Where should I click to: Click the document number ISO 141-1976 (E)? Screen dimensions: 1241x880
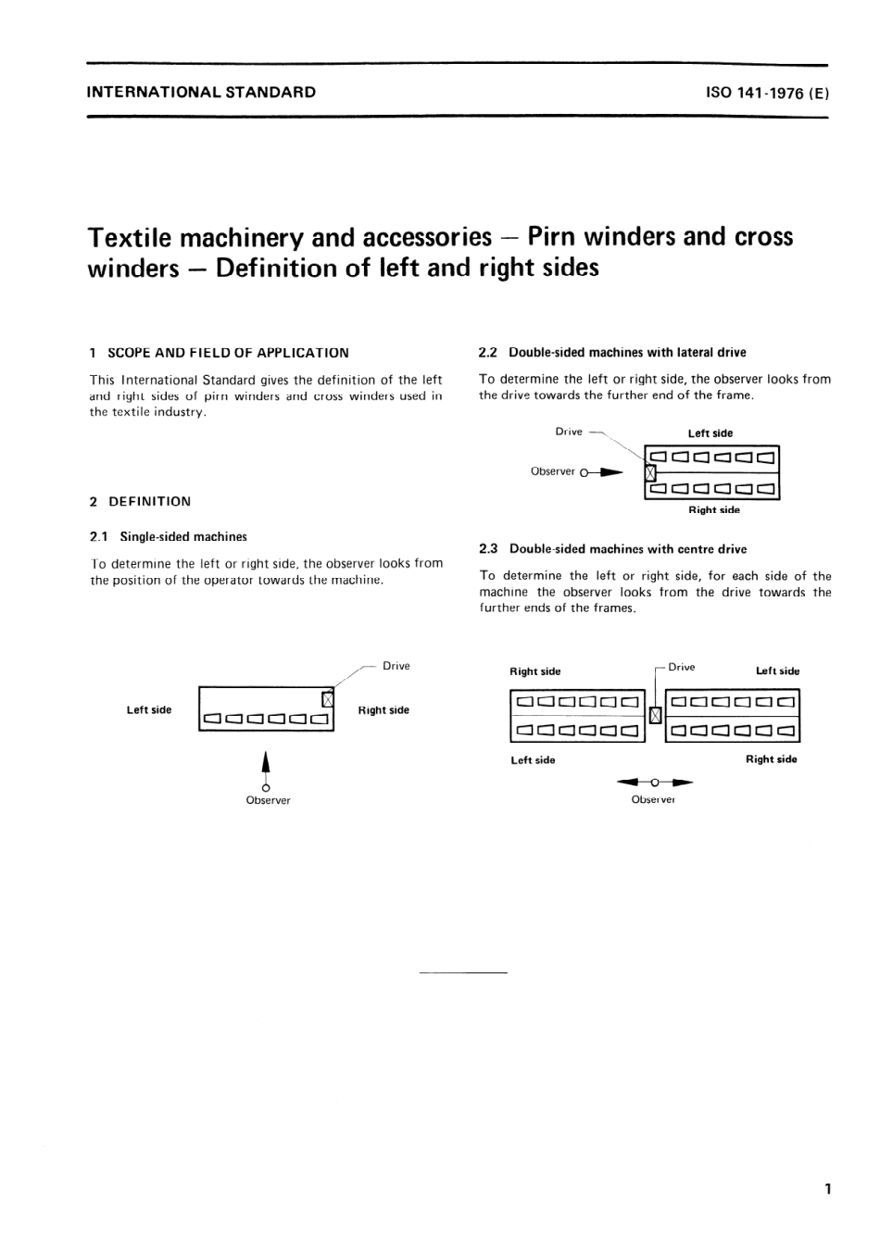tap(767, 93)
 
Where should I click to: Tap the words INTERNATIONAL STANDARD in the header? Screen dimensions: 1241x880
tap(201, 93)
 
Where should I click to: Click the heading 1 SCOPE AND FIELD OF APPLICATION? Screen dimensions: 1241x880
tap(220, 353)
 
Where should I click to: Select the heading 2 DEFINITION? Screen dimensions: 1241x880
tap(141, 502)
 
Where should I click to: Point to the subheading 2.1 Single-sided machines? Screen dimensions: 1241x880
tap(169, 537)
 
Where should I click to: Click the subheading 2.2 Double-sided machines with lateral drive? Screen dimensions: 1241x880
tap(612, 353)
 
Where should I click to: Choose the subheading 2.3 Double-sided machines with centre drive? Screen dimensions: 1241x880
tap(612, 549)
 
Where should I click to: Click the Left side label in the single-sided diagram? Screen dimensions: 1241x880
tap(149, 710)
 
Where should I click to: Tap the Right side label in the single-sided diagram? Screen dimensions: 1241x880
tap(383, 710)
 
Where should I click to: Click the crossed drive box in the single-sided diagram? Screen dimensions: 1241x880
tap(326, 699)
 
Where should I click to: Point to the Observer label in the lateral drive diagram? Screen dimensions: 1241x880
tap(553, 471)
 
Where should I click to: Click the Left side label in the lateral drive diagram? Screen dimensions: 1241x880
tap(710, 433)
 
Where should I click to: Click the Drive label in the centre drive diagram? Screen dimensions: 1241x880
tap(682, 667)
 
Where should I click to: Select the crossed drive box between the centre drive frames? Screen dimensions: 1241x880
tap(655, 715)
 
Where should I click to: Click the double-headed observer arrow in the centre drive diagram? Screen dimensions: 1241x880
tap(655, 783)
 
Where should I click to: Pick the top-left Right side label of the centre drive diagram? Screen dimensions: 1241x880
tap(535, 671)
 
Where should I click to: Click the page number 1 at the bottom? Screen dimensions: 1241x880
tap(827, 1188)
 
